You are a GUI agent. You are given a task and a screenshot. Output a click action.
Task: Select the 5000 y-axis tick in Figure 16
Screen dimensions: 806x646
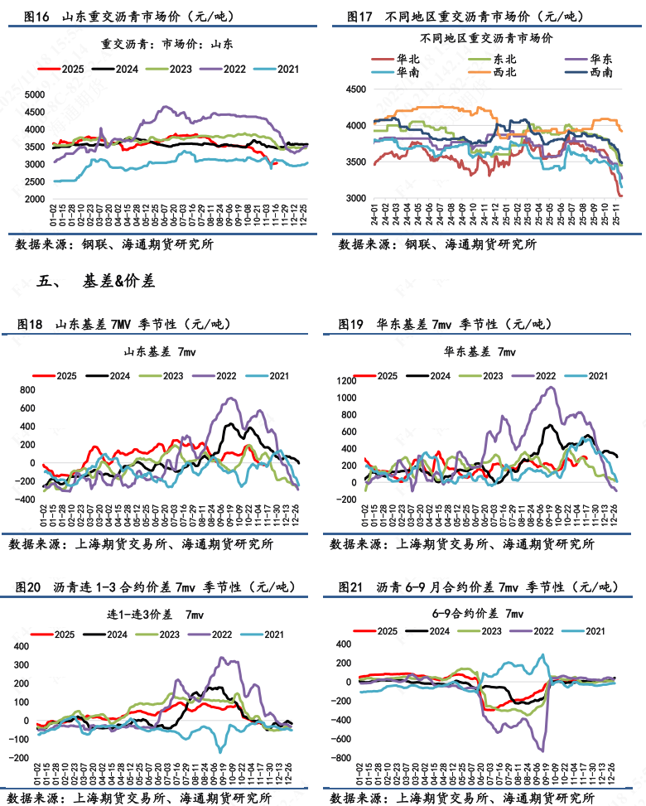pyautogui.click(x=35, y=94)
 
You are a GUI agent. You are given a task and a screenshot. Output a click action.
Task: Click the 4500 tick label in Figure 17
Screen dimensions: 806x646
pyautogui.click(x=355, y=89)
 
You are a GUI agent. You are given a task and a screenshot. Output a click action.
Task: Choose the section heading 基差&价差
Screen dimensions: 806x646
pyautogui.click(x=118, y=282)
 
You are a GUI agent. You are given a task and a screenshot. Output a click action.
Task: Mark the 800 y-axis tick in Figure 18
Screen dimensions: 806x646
pyautogui.click(x=29, y=389)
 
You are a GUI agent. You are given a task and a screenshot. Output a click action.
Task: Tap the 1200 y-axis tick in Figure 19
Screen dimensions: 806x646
pyautogui.click(x=353, y=381)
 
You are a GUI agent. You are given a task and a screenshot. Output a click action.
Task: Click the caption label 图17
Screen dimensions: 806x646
pyautogui.click(x=352, y=16)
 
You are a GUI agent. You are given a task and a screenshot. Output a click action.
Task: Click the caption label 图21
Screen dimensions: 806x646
pyautogui.click(x=351, y=587)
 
